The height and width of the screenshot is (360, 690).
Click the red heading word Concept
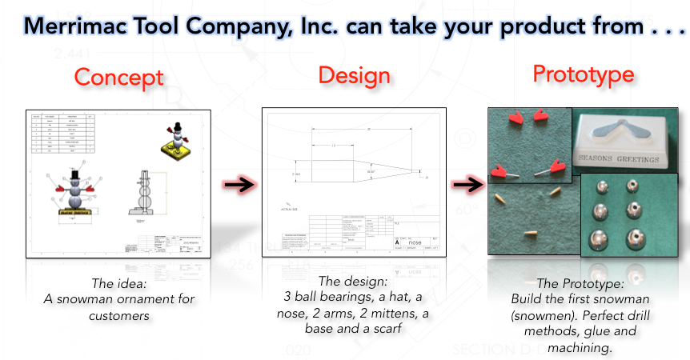[x=119, y=78]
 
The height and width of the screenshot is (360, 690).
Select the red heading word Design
[x=354, y=75]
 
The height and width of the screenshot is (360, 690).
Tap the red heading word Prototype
[x=584, y=74]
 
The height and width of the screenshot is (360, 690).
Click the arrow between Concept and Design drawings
[x=238, y=185]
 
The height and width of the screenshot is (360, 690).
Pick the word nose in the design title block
[x=415, y=241]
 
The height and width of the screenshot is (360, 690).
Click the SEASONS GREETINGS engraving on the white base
[x=624, y=158]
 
